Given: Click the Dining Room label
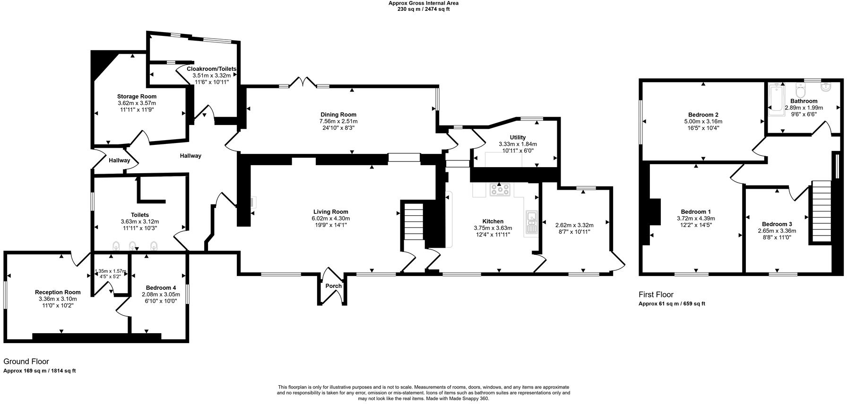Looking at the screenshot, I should click(338, 115).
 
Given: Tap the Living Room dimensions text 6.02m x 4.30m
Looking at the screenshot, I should click(330, 219).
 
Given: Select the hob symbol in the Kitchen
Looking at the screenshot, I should click(500, 190).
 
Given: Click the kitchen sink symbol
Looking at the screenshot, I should click(531, 222).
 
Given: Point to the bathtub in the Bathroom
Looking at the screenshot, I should click(776, 99).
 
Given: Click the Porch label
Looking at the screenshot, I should click(333, 286).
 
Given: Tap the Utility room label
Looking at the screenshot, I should click(518, 137).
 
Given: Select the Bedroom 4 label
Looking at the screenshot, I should click(161, 288).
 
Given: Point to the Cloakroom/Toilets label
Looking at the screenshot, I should click(211, 69).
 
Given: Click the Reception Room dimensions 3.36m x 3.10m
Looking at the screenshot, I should click(58, 299).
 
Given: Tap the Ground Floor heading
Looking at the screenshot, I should click(26, 362).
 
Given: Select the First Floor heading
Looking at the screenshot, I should click(656, 295).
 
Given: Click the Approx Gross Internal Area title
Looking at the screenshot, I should click(423, 3).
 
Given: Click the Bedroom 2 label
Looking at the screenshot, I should click(703, 115).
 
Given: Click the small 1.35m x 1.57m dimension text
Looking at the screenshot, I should click(111, 271).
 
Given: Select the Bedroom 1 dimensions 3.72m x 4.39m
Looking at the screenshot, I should click(695, 219).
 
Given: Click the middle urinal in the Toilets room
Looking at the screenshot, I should click(133, 245).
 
